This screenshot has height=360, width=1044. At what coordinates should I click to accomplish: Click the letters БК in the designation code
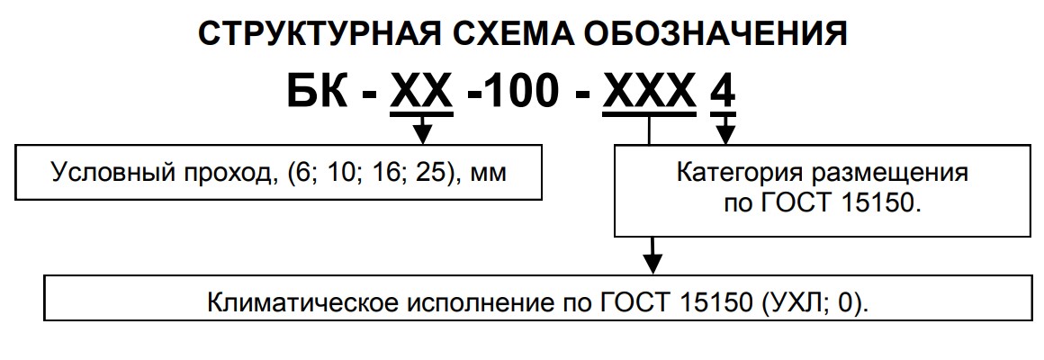[x=316, y=94]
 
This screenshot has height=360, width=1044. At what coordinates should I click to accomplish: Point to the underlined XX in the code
[x=421, y=94]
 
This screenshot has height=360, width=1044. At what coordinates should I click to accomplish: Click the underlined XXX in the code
[x=649, y=94]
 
